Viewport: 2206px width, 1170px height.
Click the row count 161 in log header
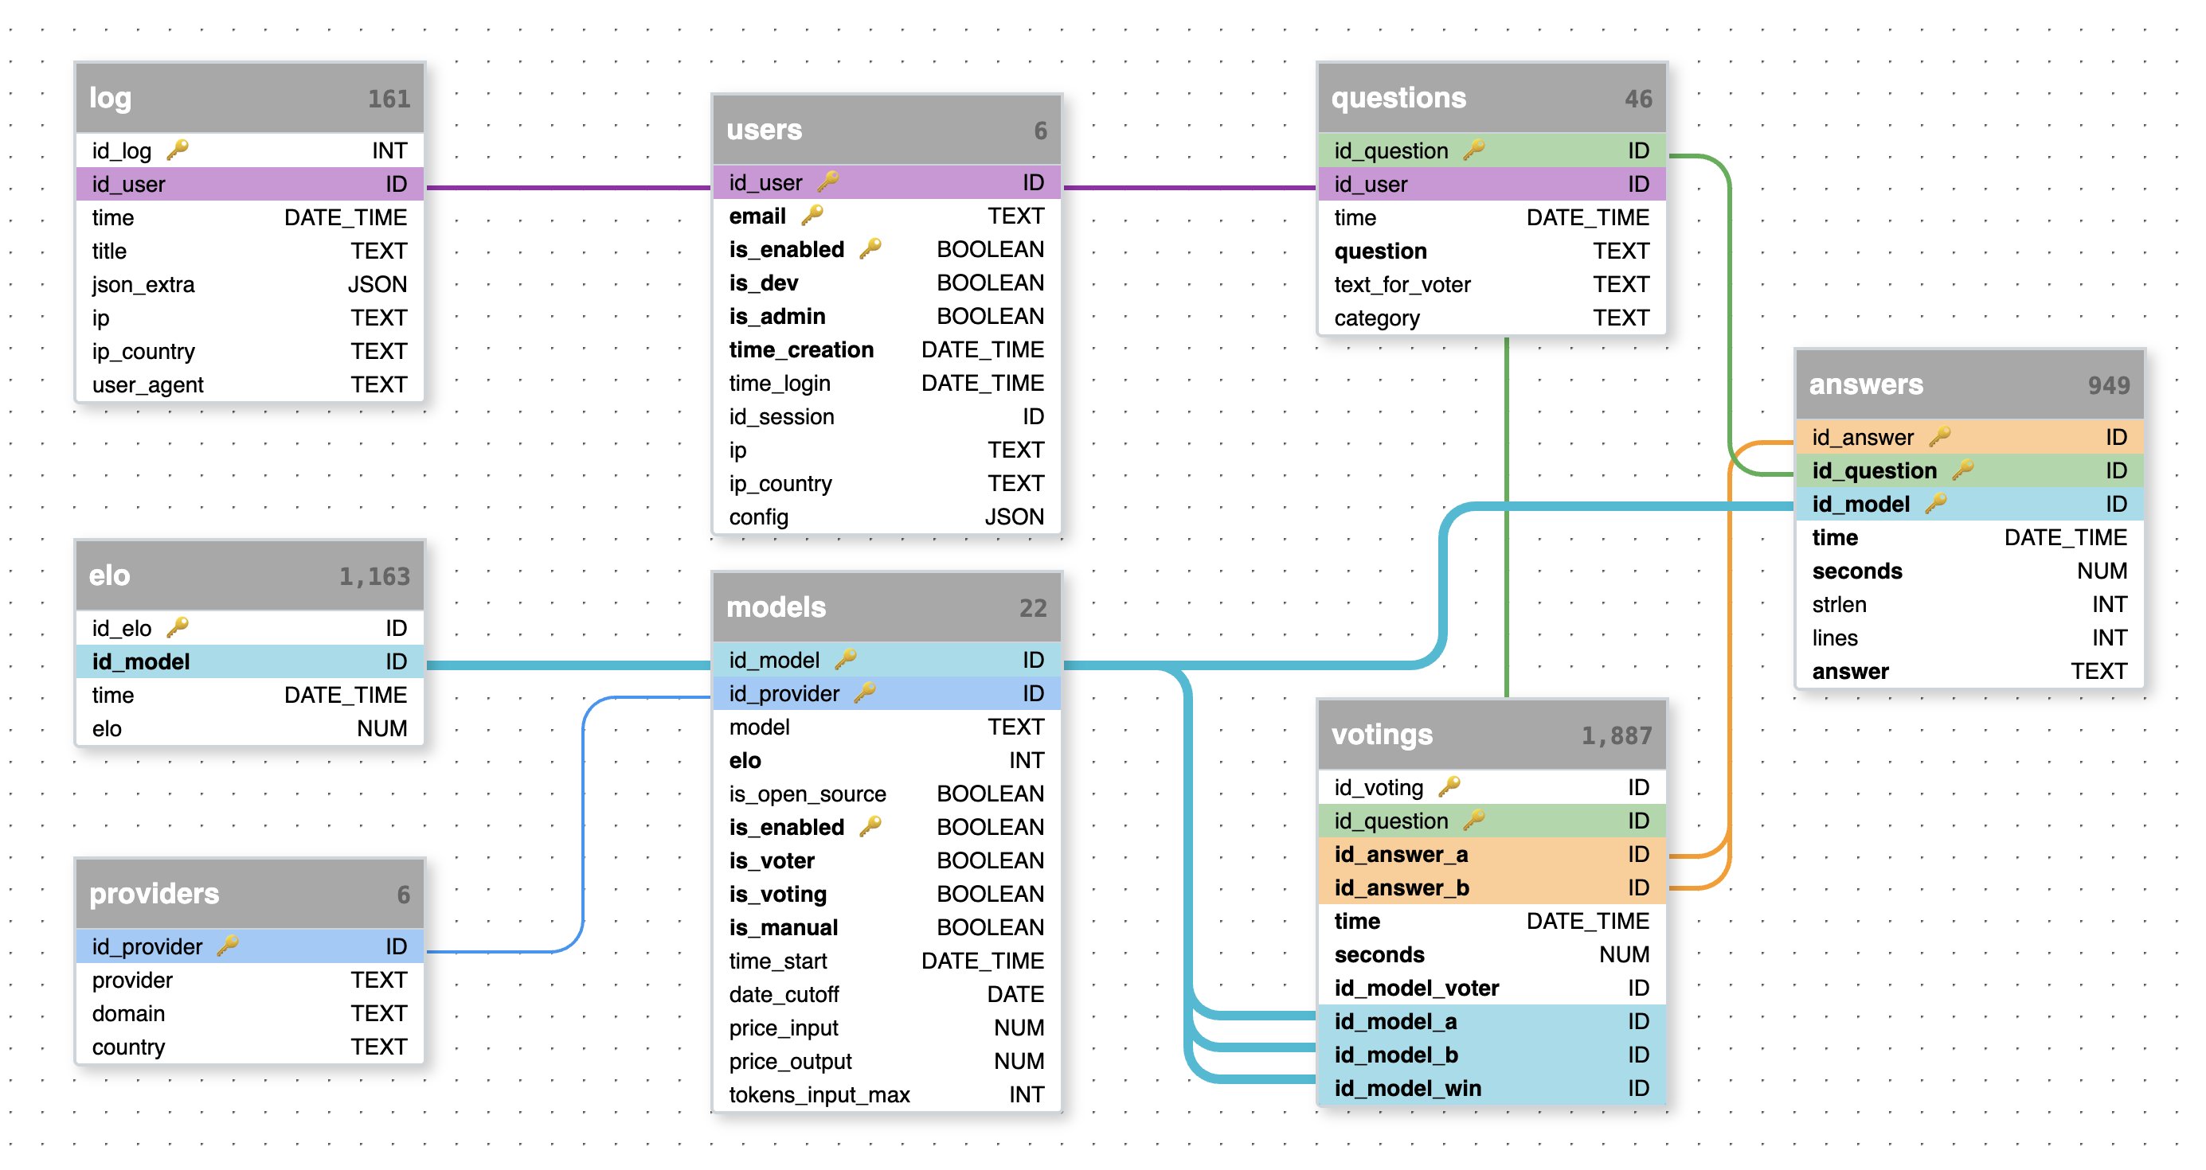coord(389,99)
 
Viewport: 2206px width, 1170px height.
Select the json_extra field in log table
coord(143,284)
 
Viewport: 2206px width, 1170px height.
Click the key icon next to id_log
coord(178,150)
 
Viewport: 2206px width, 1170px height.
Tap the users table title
coord(764,130)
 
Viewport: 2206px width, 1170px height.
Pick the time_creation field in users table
coord(800,349)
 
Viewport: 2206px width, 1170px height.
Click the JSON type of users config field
coord(1014,517)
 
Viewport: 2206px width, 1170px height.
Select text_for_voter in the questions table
coord(1402,284)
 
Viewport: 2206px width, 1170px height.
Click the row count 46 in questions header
coord(1638,99)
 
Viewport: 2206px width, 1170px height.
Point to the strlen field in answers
coord(1839,604)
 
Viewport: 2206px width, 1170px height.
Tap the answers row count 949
coord(2108,386)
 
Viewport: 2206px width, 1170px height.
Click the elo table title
coord(110,576)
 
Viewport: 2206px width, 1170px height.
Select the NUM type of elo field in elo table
coord(382,728)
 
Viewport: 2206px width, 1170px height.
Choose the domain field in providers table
coord(128,1013)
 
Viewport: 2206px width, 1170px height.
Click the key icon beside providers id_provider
coord(228,945)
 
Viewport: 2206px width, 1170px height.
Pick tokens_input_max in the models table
coord(819,1094)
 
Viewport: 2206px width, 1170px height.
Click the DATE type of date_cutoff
coord(1015,995)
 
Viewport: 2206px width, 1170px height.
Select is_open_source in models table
coord(807,794)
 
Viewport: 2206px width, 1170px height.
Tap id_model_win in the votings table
coord(1407,1088)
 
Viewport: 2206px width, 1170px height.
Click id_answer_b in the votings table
coord(1401,887)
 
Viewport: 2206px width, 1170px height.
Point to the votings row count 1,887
coord(1616,736)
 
